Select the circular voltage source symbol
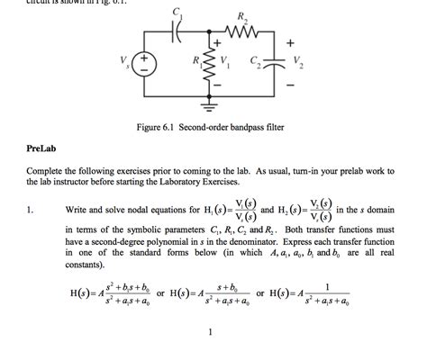pyautogui.click(x=148, y=64)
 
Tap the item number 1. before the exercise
pyautogui.click(x=31, y=211)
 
